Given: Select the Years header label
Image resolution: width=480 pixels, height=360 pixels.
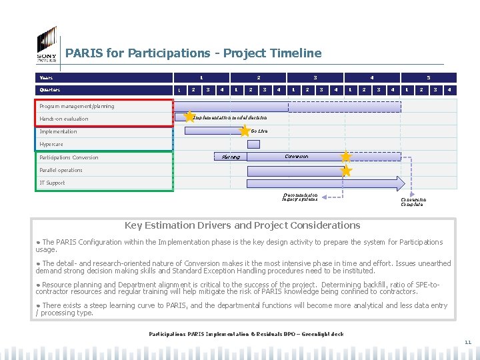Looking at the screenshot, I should [45, 77].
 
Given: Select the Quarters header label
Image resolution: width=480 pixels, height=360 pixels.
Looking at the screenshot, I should [49, 90].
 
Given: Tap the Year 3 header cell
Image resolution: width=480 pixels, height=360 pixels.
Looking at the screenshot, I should [315, 77].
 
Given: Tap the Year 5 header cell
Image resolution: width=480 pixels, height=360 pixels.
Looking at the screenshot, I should [429, 77].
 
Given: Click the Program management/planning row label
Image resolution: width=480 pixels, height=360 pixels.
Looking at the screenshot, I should [77, 106].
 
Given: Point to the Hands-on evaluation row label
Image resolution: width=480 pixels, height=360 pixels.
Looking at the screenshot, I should [63, 119].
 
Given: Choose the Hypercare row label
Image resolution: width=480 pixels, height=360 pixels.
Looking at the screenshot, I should [51, 144].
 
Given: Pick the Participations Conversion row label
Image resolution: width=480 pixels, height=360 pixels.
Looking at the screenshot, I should [69, 157].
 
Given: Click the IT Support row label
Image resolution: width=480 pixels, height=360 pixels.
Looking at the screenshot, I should [52, 183].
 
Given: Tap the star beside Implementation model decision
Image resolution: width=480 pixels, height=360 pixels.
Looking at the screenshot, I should [189, 117].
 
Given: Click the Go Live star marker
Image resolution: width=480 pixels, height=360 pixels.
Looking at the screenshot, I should [245, 131].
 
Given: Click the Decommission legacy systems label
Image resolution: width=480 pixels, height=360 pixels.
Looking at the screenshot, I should [300, 197].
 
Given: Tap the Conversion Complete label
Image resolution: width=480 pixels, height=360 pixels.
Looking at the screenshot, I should [413, 201].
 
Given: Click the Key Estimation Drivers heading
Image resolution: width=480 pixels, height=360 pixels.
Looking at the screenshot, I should [243, 225].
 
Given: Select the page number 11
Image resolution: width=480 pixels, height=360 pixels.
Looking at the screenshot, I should [467, 343].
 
